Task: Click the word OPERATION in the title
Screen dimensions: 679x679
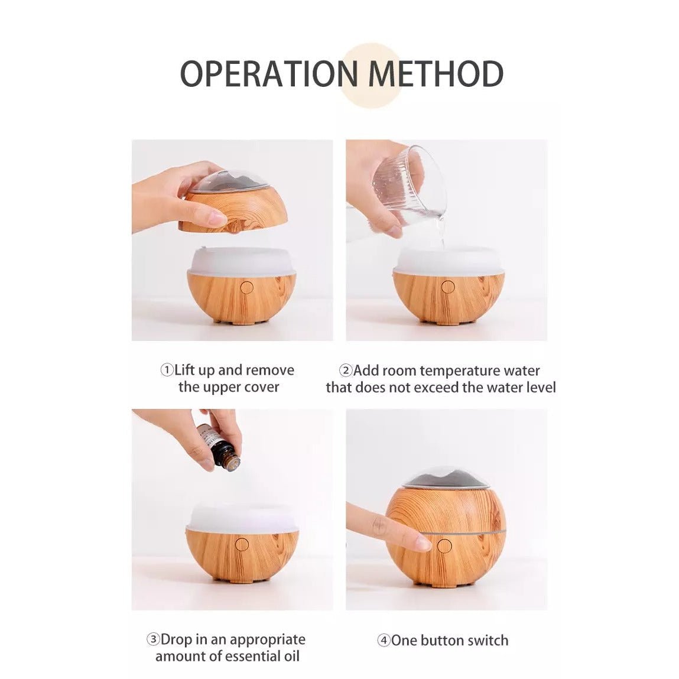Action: pos(269,73)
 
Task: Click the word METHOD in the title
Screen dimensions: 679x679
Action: pos(436,73)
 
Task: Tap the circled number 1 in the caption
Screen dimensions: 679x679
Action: pos(167,371)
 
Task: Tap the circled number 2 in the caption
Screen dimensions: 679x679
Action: pos(346,371)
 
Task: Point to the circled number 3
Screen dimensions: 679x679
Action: pos(153,639)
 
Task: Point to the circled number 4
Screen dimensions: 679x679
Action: pos(384,641)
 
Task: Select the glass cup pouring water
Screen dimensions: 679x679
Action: pos(409,182)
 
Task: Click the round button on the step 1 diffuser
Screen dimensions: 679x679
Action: pos(247,287)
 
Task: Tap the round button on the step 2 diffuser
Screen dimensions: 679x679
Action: pos(448,287)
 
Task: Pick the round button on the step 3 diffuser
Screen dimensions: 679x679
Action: pos(242,544)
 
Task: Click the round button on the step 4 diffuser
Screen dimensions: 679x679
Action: pos(444,546)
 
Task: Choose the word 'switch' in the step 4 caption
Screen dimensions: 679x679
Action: pos(487,641)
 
